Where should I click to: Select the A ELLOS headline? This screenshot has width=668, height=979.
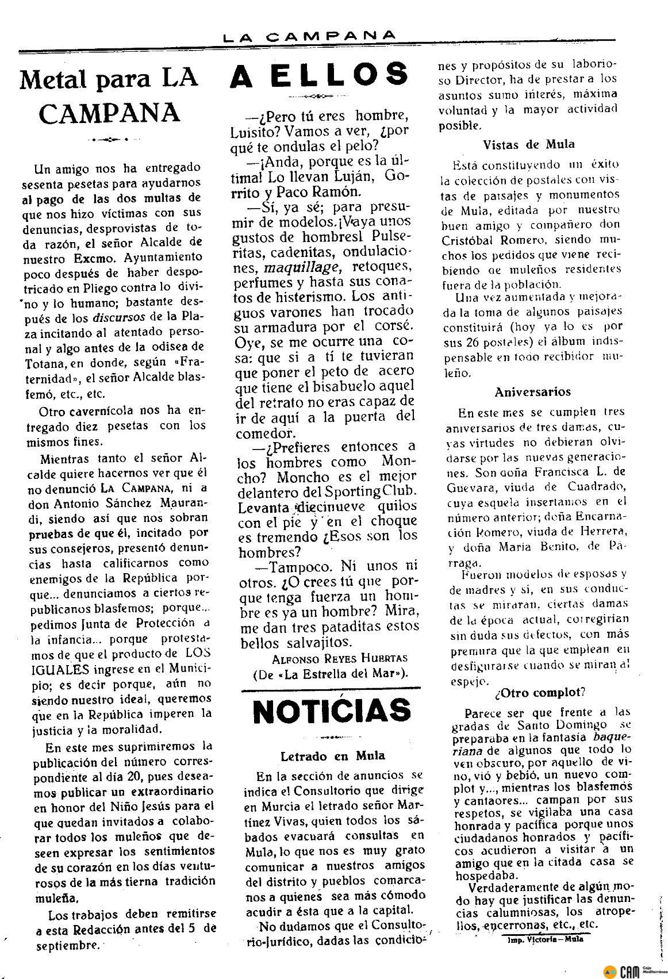319,75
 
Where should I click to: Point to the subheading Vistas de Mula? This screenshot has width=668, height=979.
529,144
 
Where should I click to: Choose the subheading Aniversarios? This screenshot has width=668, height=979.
533,392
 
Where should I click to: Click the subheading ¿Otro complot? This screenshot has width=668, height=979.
540,692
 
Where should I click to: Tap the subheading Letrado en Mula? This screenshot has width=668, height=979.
333,756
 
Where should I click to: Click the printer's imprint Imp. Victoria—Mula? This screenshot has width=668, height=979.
546,939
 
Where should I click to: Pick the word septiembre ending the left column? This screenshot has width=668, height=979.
67,946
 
